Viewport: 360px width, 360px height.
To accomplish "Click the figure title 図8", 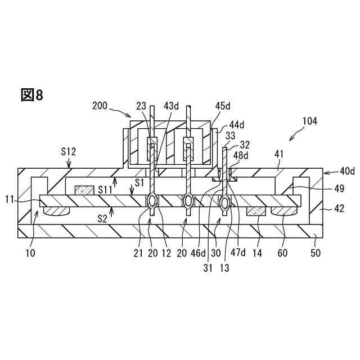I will coord(32,95).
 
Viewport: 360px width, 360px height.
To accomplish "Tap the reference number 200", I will coord(101,105).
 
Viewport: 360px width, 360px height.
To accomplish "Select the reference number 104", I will coord(310,121).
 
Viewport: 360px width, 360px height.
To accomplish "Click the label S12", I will coord(69,151).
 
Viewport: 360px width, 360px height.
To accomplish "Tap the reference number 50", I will coord(316,253).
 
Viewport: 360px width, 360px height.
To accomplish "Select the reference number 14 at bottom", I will coord(257,253).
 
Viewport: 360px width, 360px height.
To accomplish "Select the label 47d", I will coord(241,253).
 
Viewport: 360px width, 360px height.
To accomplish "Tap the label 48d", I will coord(241,156).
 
